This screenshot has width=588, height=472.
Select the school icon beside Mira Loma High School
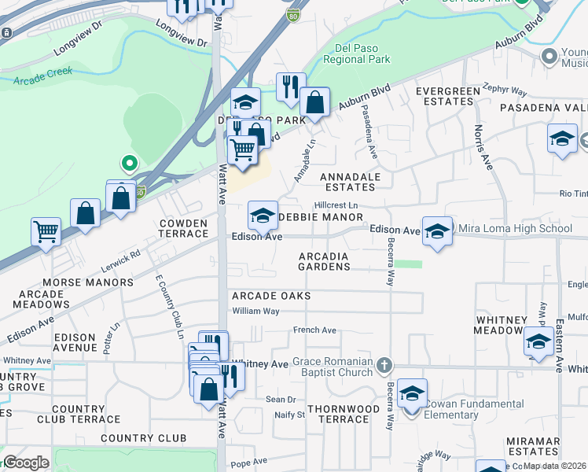437,231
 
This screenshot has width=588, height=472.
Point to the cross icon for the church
384,366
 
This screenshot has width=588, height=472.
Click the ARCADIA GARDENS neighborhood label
324,261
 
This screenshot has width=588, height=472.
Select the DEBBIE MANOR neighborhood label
322,216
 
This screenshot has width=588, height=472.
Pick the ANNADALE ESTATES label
351,182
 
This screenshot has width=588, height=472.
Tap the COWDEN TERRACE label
183,229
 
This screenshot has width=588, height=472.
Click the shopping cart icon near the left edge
46,231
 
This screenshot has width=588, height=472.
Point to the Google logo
26,463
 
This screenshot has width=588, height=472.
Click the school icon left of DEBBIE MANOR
263,213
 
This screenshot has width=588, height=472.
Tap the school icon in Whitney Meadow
538,341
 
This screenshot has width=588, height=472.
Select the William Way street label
255,312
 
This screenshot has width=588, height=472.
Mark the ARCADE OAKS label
270,296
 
